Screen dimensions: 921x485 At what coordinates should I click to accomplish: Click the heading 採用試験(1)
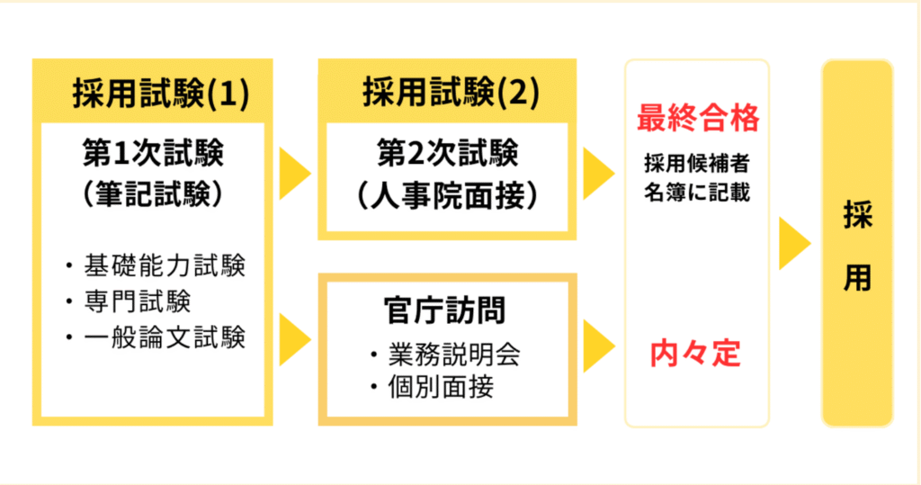(x=161, y=93)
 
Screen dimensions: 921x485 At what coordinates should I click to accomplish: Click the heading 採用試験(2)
(x=451, y=93)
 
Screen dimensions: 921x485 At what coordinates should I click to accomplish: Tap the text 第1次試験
(x=153, y=153)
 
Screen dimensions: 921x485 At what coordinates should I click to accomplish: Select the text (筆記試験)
(x=153, y=193)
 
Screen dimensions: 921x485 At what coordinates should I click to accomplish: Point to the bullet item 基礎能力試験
(x=156, y=265)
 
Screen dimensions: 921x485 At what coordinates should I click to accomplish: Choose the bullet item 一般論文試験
(x=156, y=337)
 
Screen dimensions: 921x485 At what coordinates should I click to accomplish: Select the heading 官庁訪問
(x=444, y=310)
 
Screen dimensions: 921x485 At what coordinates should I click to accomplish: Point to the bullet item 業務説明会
(x=446, y=355)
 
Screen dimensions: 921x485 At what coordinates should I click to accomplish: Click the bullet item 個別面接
(x=433, y=387)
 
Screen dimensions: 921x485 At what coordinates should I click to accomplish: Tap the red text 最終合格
(x=698, y=118)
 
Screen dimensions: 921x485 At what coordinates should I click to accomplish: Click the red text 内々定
(x=695, y=354)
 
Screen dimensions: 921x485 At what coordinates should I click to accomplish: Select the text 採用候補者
(x=697, y=164)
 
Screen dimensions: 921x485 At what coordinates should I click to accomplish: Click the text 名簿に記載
(x=697, y=193)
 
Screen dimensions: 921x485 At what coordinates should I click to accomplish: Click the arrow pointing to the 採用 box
(x=795, y=243)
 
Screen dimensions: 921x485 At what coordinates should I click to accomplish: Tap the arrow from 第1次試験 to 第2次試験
(x=295, y=174)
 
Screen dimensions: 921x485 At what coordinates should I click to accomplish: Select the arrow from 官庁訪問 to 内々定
(x=599, y=346)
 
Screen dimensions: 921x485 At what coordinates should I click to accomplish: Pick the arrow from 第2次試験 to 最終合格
(x=599, y=174)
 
